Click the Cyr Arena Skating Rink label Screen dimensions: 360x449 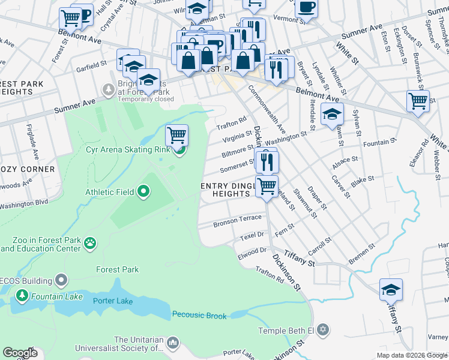point(129,149)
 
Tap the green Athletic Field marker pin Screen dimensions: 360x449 point(143,192)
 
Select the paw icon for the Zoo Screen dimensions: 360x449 point(90,243)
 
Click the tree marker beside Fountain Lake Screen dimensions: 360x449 point(22,295)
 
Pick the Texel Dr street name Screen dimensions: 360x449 point(251,236)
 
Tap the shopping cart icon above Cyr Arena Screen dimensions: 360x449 point(176,135)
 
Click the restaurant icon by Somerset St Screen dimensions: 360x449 point(266,161)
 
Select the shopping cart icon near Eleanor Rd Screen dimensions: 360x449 point(418,101)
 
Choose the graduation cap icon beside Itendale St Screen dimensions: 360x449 point(331,115)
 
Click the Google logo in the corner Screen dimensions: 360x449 point(20,353)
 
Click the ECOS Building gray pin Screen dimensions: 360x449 point(61,280)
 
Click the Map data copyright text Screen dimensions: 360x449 point(412,355)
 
